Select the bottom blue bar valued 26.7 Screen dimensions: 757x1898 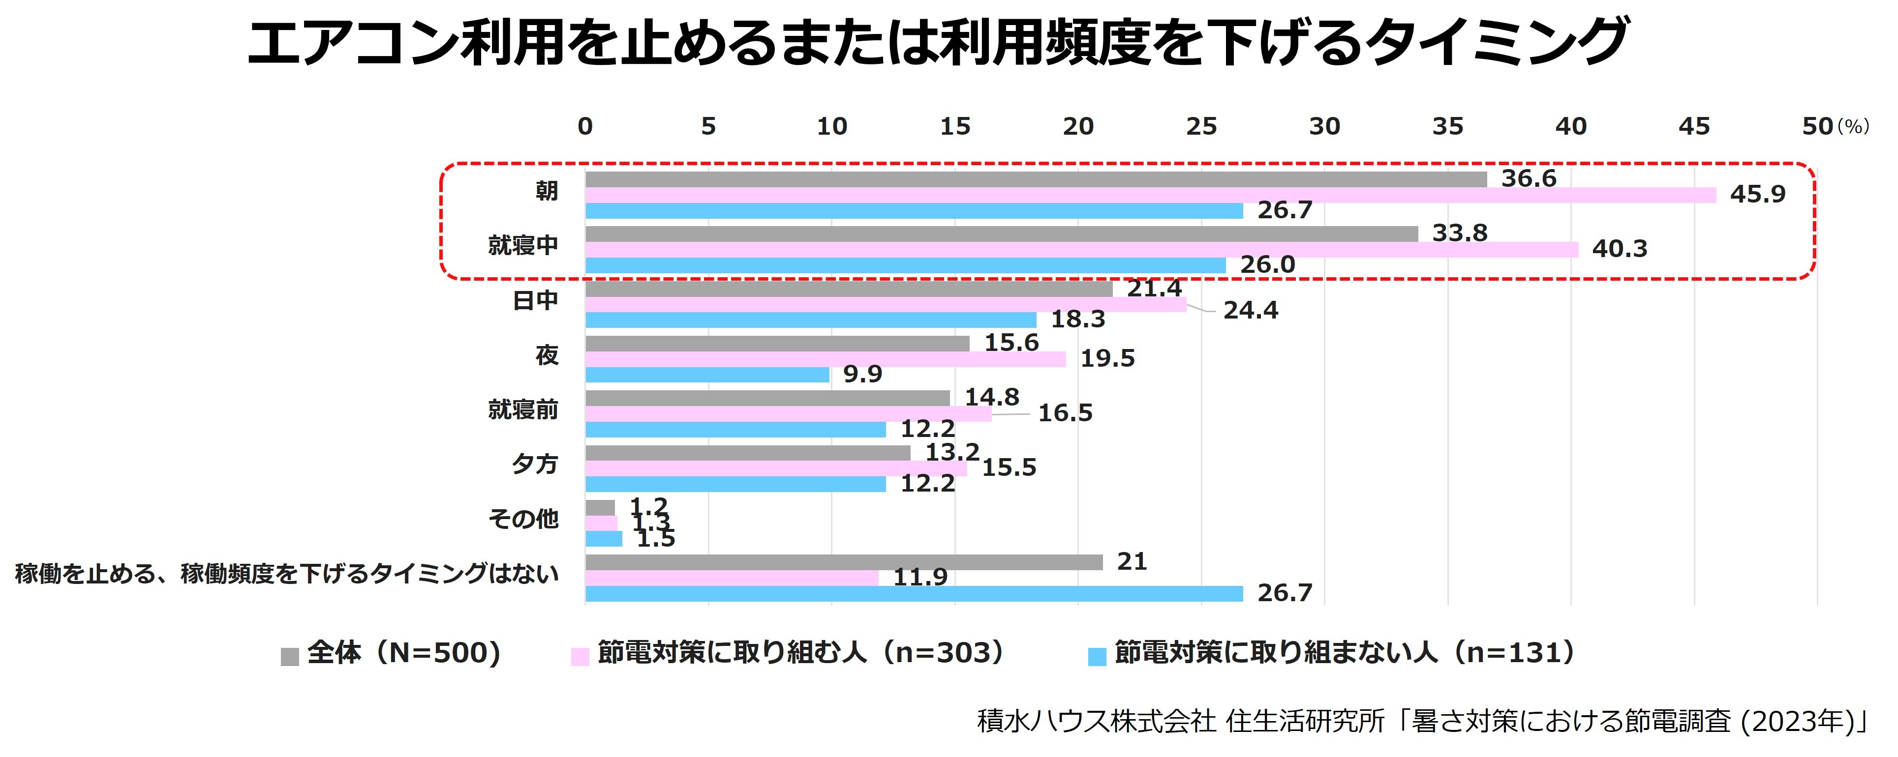tap(914, 593)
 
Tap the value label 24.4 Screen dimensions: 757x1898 tap(1251, 311)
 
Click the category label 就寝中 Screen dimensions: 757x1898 tap(523, 245)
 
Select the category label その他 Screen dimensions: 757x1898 tap(523, 519)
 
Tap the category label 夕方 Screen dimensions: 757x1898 tap(535, 464)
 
